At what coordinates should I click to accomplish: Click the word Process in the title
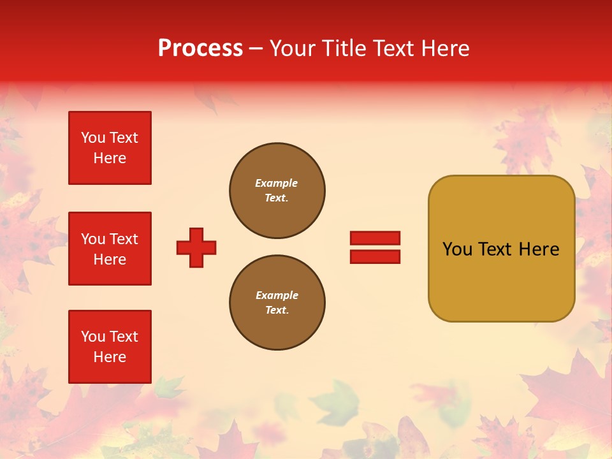click(200, 48)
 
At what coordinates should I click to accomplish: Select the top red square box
click(110, 148)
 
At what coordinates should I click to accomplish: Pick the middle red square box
click(110, 249)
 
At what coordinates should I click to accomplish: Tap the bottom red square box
click(110, 347)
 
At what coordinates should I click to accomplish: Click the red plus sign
click(196, 247)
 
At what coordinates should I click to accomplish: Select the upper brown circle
click(277, 191)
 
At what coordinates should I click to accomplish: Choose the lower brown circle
click(277, 303)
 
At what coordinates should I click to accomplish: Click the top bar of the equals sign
click(375, 238)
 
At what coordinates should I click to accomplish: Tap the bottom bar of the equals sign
click(375, 256)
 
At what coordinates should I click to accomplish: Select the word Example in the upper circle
click(276, 183)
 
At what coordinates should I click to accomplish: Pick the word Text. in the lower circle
click(277, 310)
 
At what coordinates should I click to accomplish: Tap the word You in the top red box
click(93, 138)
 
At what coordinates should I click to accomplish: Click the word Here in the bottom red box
click(110, 357)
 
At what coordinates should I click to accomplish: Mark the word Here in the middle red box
click(110, 259)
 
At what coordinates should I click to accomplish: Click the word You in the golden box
click(457, 249)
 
